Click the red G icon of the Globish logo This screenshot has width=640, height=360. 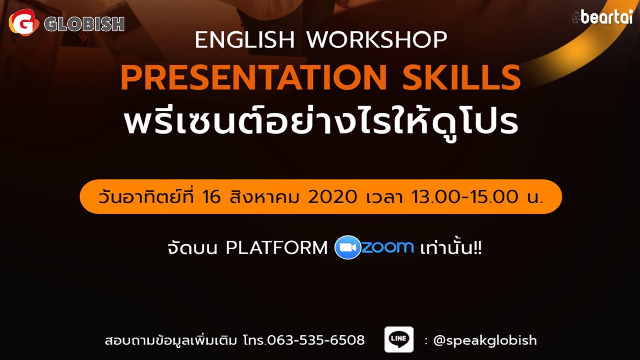pyautogui.click(x=24, y=22)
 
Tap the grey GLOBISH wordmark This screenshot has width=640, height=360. pyautogui.click(x=84, y=24)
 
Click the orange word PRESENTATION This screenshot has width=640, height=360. pyautogui.click(x=254, y=78)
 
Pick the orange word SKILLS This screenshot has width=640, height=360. pyautogui.click(x=462, y=78)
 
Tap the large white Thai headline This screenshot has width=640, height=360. pyautogui.click(x=321, y=122)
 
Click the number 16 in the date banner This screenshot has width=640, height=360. pyautogui.click(x=211, y=197)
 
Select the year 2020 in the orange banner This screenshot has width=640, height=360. pyautogui.click(x=332, y=197)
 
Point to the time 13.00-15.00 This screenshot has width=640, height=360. pyautogui.click(x=464, y=197)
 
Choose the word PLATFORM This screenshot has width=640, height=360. pyautogui.click(x=276, y=248)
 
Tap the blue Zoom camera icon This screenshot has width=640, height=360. pyautogui.click(x=348, y=247)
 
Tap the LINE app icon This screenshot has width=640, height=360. pyautogui.click(x=399, y=340)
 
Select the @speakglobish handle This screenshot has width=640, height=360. pyautogui.click(x=485, y=340)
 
